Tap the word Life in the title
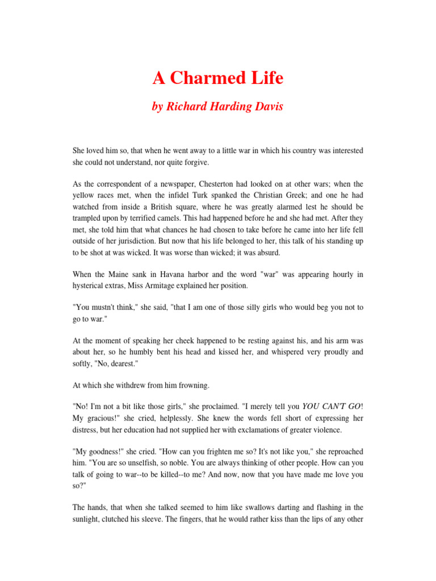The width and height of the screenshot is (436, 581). coord(266,78)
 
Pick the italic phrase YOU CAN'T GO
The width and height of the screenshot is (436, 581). coord(329,406)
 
